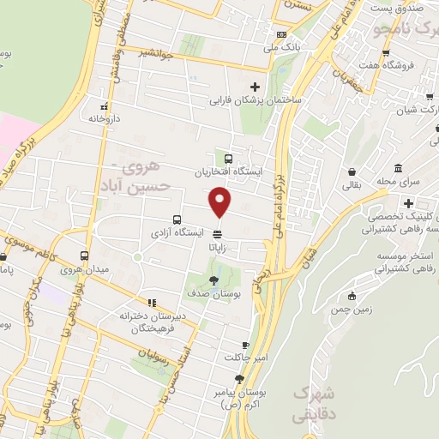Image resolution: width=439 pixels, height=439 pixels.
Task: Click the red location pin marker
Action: [220, 201]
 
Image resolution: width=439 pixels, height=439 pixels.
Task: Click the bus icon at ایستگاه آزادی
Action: [177, 219]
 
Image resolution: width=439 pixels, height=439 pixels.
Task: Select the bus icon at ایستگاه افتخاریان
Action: [229, 158]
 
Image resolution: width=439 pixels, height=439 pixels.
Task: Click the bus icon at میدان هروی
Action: [84, 256]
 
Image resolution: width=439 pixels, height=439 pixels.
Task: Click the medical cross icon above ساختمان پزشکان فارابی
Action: [255, 87]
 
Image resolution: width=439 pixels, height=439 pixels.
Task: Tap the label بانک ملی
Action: [280, 47]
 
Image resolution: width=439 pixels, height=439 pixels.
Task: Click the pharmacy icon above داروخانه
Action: [104, 105]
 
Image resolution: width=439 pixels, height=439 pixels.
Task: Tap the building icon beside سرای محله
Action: [398, 169]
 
